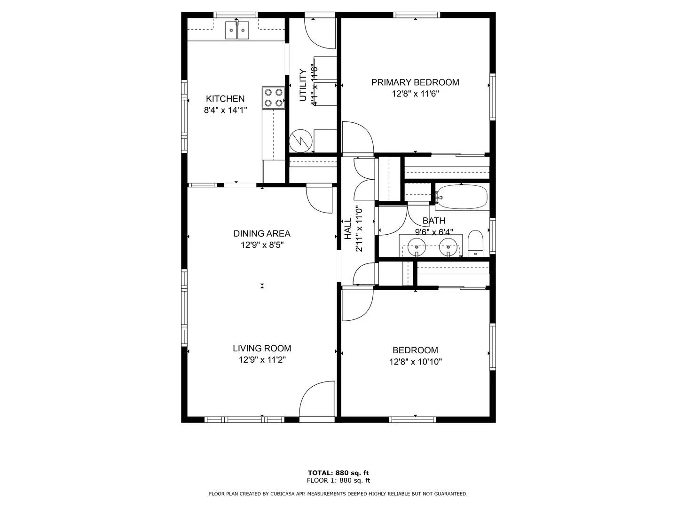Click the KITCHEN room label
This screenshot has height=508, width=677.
click(225, 99)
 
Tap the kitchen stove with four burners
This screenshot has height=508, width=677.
click(273, 97)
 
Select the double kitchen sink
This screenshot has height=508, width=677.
click(237, 30)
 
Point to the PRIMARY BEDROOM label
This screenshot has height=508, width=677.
click(415, 82)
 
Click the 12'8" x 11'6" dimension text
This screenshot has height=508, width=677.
click(415, 94)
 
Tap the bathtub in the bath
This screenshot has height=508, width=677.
click(462, 197)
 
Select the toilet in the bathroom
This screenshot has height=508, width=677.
click(475, 243)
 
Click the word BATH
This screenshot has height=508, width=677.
click(433, 221)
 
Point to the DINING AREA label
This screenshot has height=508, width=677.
click(262, 233)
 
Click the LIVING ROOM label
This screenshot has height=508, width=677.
click(262, 348)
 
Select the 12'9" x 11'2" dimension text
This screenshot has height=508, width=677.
click(262, 360)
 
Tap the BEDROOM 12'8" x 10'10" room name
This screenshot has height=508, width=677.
click(415, 350)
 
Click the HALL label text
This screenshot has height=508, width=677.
click(348, 229)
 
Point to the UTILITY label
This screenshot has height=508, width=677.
click(303, 85)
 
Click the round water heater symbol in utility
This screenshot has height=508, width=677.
click(301, 141)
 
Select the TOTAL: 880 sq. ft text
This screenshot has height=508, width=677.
click(338, 473)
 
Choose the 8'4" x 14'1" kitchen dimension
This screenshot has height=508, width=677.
click(225, 110)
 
